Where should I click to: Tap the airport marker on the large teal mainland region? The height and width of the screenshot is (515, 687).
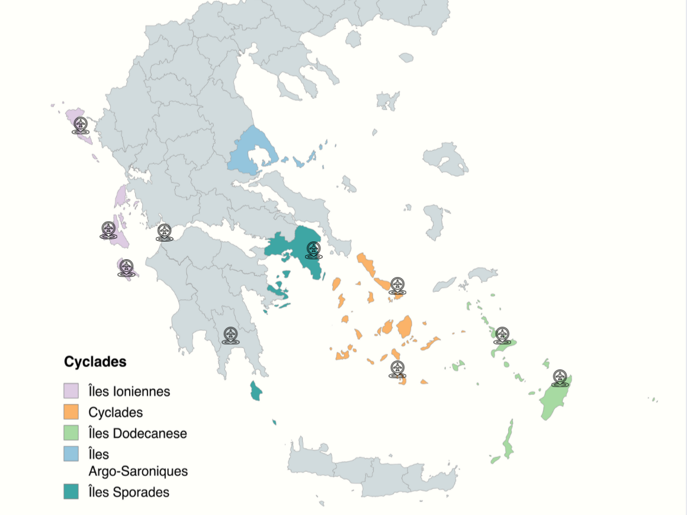313,250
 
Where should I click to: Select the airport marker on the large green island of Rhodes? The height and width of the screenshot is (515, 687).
560,377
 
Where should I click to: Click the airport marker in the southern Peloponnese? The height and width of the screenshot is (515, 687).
230,335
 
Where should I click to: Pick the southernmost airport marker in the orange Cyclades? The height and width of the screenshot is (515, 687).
397,369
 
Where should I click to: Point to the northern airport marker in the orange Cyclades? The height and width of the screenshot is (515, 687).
397,285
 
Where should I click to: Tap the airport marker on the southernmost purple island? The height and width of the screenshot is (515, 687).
125,268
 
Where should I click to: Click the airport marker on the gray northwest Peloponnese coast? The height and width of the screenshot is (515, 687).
164,232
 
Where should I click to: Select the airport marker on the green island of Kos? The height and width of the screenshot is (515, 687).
502,335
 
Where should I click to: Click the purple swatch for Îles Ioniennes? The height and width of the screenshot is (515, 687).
71,391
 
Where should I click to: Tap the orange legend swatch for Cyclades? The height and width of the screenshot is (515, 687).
71,412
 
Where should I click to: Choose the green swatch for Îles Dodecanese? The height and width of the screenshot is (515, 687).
71,433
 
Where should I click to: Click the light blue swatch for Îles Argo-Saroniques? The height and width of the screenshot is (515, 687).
71,454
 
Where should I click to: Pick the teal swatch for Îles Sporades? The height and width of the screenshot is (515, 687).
71,491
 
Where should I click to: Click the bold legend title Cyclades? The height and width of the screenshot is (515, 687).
95,361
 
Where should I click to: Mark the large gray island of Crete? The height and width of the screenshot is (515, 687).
379,471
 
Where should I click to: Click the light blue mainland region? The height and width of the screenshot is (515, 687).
249,151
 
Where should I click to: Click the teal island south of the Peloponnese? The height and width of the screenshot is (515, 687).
256,391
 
